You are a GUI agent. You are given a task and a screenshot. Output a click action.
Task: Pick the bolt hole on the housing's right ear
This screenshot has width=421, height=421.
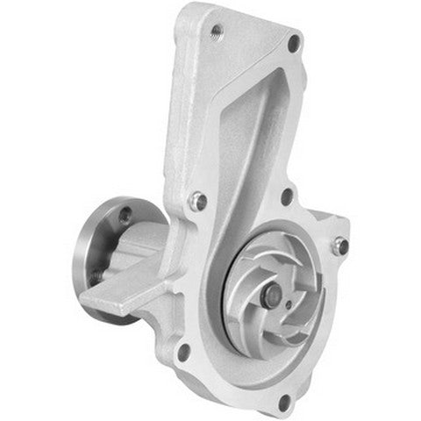[x=341, y=246]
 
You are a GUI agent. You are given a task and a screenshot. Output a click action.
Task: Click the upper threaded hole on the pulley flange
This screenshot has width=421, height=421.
[x=125, y=212]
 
